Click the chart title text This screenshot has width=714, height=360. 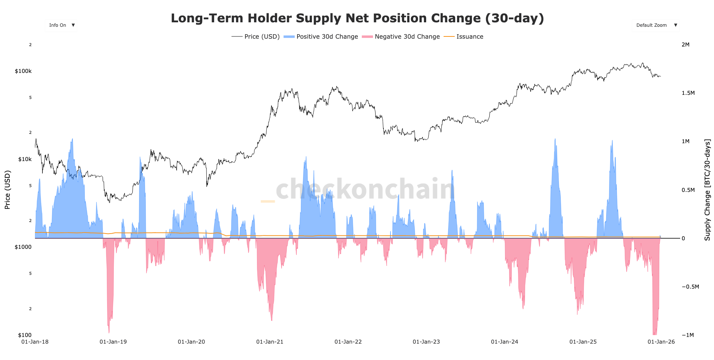pyautogui.click(x=357, y=18)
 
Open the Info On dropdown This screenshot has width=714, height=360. pyautogui.click(x=61, y=25)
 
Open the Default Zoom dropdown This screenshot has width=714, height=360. pyautogui.click(x=656, y=25)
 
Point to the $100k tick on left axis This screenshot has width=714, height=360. pyautogui.click(x=23, y=71)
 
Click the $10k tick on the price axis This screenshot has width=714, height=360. pyautogui.click(x=25, y=159)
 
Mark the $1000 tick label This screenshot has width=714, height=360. pyautogui.click(x=23, y=247)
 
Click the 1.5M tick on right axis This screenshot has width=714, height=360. pyautogui.click(x=688, y=93)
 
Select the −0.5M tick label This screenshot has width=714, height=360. pyautogui.click(x=690, y=287)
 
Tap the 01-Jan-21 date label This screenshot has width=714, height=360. pyautogui.click(x=270, y=342)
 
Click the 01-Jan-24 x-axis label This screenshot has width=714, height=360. pyautogui.click(x=504, y=342)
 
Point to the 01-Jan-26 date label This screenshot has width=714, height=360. pyautogui.click(x=661, y=342)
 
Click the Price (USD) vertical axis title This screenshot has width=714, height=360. pyautogui.click(x=7, y=190)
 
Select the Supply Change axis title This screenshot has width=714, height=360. pyautogui.click(x=707, y=190)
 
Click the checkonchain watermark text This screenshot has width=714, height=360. pyautogui.click(x=364, y=189)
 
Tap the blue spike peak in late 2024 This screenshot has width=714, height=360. pyautogui.click(x=555, y=140)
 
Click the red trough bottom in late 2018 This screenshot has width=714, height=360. pyautogui.click(x=109, y=332)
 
